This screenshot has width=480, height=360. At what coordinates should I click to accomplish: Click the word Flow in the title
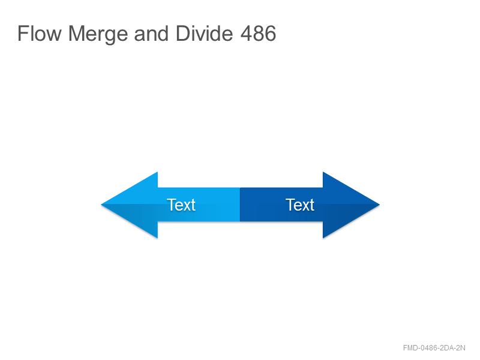(40, 34)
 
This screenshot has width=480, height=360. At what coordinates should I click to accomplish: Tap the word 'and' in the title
(151, 34)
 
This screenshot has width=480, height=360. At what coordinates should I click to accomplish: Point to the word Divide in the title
(204, 34)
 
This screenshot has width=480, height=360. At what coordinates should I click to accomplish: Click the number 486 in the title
(259, 34)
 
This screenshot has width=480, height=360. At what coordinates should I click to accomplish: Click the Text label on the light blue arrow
(181, 205)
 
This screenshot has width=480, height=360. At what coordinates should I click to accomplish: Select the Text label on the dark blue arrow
(299, 205)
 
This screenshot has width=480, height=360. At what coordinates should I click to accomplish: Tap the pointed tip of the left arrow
(101, 205)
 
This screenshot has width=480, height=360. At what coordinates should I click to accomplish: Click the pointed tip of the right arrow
(379, 205)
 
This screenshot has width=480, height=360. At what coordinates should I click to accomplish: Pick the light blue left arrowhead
(134, 205)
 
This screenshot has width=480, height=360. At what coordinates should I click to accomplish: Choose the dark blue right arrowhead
(346, 205)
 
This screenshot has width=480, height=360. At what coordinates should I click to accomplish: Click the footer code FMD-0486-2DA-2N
(434, 348)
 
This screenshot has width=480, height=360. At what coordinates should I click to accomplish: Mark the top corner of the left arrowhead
(157, 172)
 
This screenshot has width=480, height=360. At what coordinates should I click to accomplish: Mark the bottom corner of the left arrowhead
(157, 238)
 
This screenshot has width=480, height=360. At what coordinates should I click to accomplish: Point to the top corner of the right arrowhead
(323, 172)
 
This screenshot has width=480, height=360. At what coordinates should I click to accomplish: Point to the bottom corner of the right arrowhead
(323, 238)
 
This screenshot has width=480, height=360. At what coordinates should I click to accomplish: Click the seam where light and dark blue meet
(240, 205)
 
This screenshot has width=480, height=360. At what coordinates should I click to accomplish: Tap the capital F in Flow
(23, 34)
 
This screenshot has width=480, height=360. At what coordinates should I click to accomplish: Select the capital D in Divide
(183, 34)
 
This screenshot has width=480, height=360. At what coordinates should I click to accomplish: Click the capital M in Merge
(77, 34)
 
